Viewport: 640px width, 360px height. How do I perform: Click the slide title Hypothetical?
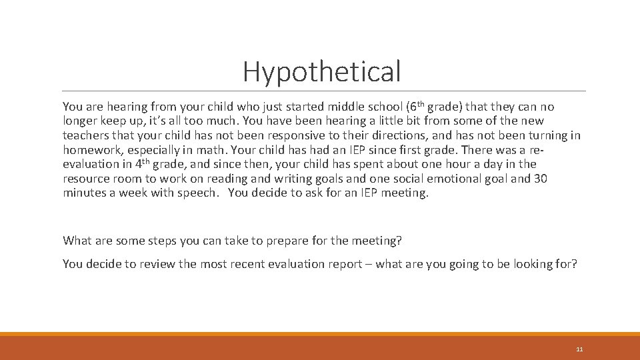[x=322, y=71]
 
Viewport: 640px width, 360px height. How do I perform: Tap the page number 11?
[x=579, y=349]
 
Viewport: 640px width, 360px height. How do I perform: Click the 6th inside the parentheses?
[x=416, y=106]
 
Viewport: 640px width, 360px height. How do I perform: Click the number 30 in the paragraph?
[x=541, y=179]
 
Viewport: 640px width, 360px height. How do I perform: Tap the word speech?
[x=203, y=193]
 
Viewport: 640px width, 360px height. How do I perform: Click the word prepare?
[x=293, y=241]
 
